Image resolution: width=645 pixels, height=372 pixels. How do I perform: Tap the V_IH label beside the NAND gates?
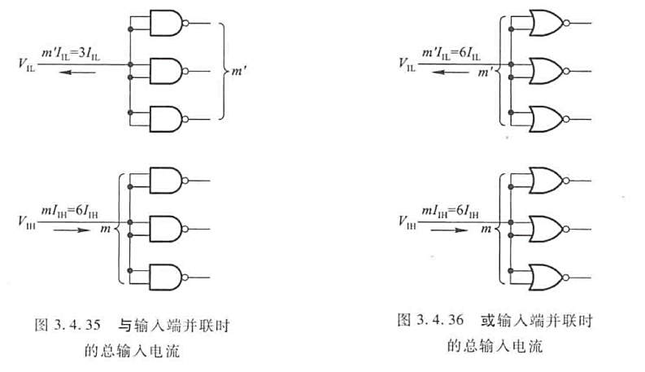[26, 220]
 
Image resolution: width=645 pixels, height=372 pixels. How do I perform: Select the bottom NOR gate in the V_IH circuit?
[544, 274]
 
